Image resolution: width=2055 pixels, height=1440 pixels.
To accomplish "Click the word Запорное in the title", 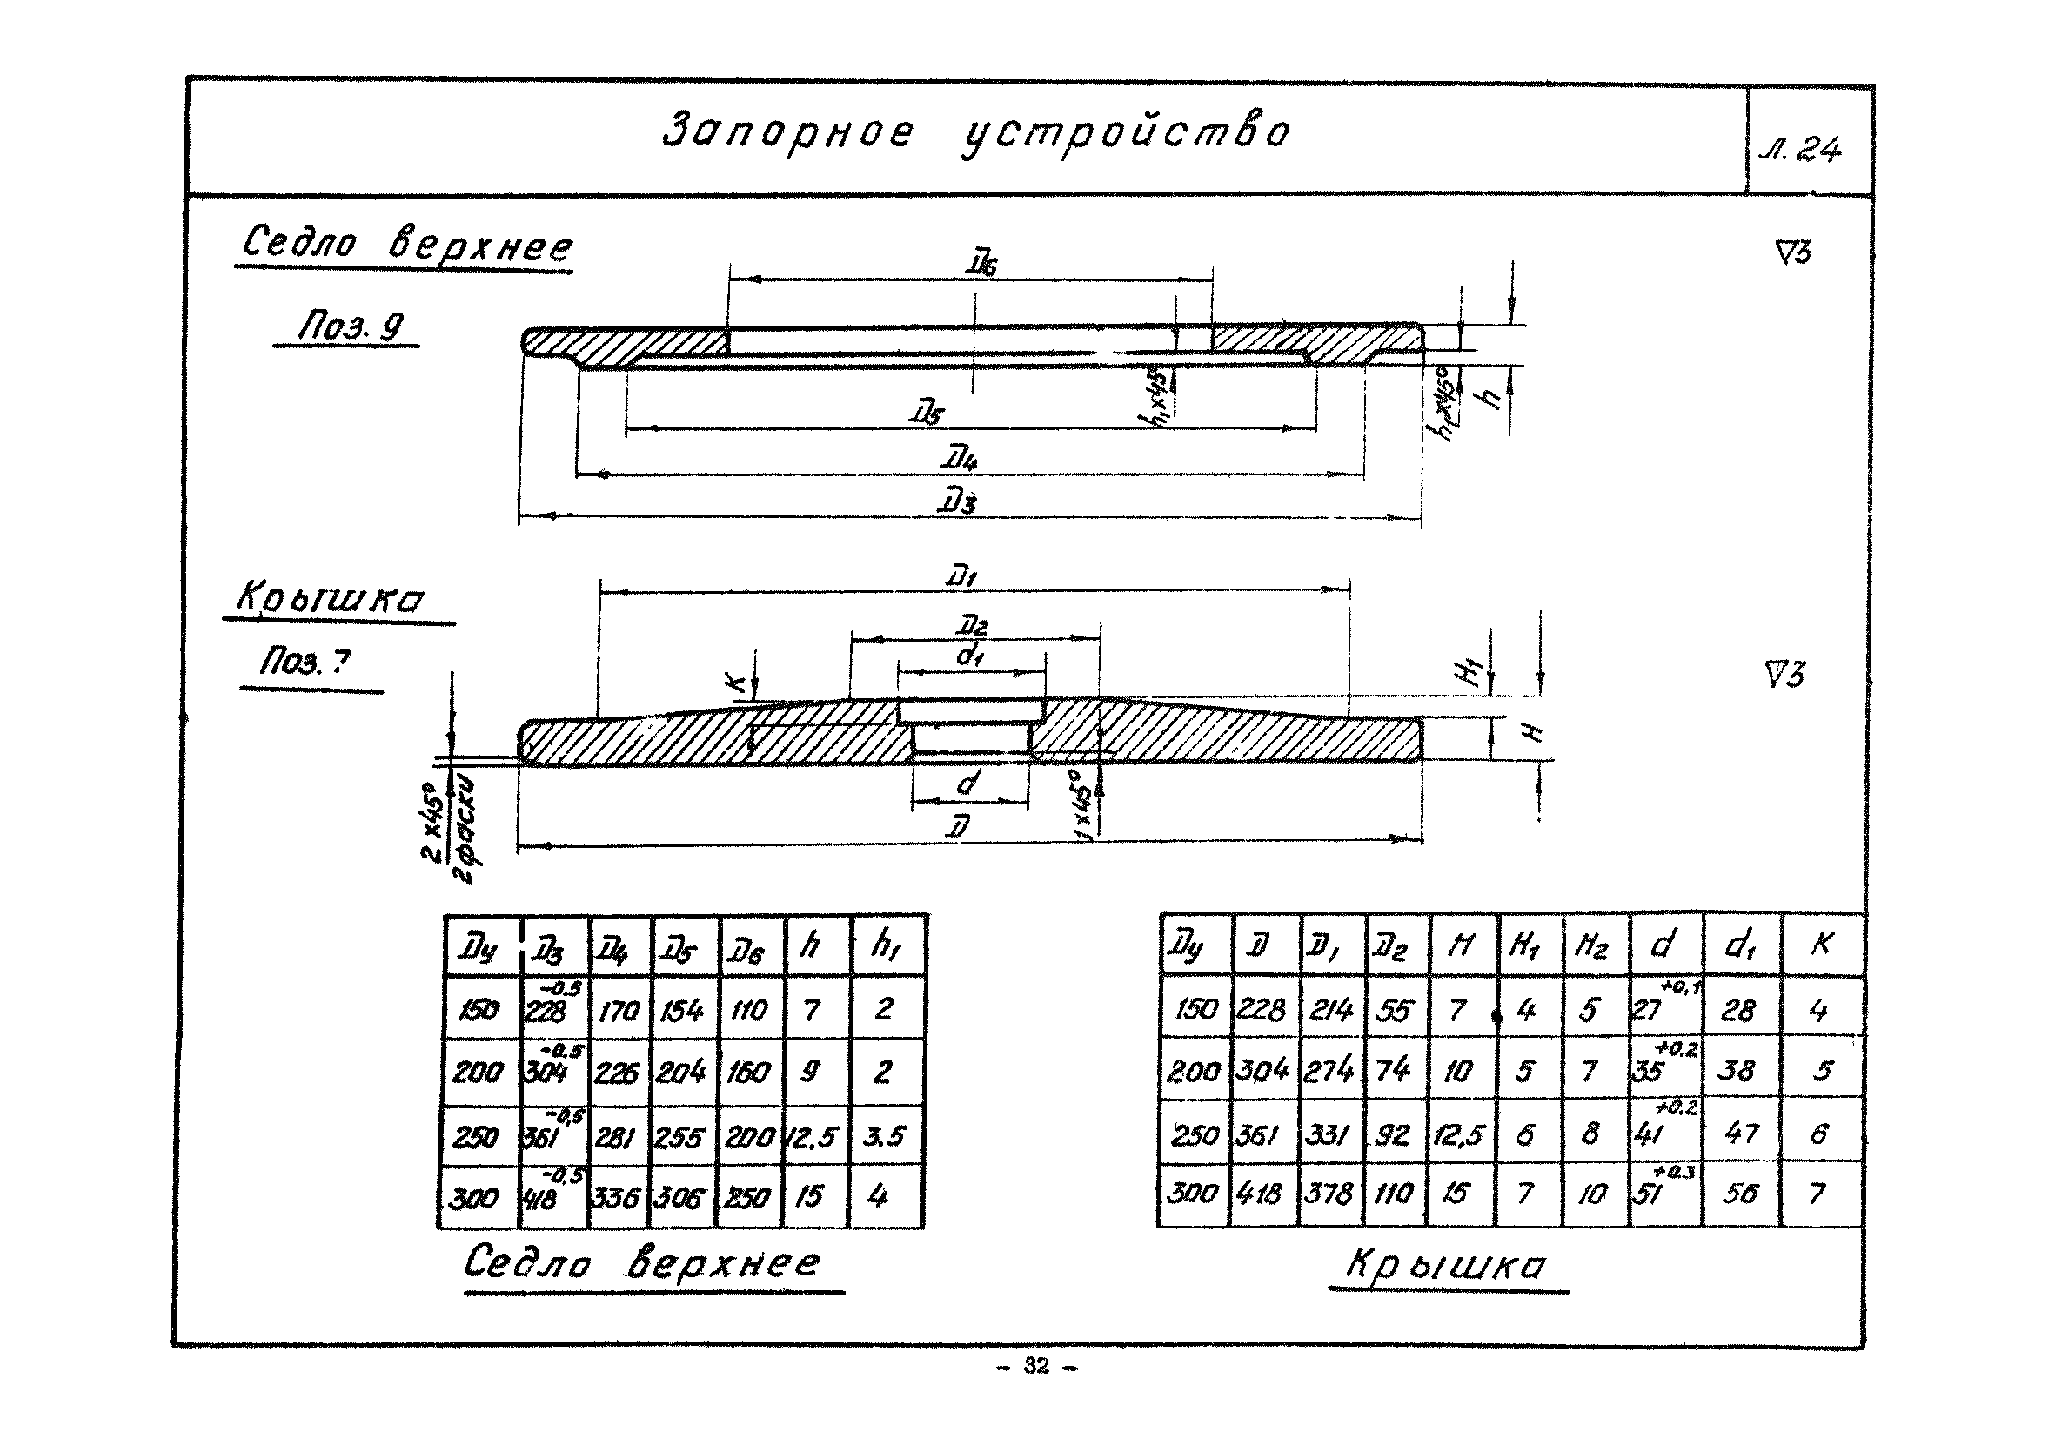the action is [787, 131].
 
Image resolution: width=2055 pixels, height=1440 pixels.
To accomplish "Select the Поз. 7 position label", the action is [305, 662].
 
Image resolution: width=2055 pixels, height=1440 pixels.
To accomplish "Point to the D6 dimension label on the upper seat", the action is [982, 264].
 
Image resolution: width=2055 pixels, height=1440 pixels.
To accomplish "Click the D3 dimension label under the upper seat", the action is [957, 502].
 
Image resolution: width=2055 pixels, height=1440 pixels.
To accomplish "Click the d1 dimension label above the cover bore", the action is [970, 656].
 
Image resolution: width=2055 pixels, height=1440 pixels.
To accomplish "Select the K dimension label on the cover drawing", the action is [735, 685].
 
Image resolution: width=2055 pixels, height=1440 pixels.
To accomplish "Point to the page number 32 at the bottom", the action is [1036, 1366].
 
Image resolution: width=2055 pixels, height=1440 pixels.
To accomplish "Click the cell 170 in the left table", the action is [619, 1011].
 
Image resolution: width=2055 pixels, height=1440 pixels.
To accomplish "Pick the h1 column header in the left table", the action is [885, 945].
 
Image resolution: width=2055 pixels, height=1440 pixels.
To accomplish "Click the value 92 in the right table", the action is [1393, 1134].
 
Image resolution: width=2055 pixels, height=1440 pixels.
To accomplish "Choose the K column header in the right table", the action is [1821, 943].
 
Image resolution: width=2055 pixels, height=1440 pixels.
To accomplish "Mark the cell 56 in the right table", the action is [1740, 1193].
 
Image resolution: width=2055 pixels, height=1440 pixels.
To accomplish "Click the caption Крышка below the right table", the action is [1446, 1264].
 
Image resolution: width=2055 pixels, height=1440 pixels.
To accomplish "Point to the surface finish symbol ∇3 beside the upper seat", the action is [1793, 252].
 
